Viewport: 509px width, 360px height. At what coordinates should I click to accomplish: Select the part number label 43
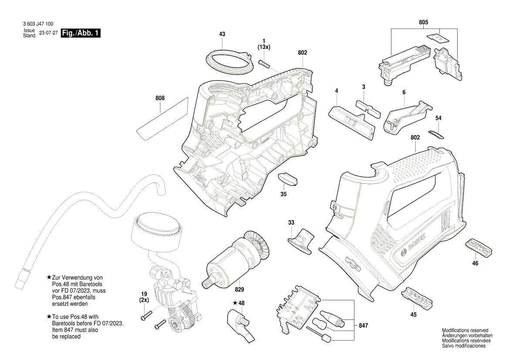click(x=222, y=34)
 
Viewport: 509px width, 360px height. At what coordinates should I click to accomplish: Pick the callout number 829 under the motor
click(x=239, y=289)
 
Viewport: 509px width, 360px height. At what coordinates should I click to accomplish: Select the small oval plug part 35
click(x=287, y=179)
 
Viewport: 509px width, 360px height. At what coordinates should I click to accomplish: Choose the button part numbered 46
click(x=479, y=247)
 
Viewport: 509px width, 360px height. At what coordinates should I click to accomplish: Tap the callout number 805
click(x=423, y=22)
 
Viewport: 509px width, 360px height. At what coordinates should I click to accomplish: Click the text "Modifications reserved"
click(x=465, y=331)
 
